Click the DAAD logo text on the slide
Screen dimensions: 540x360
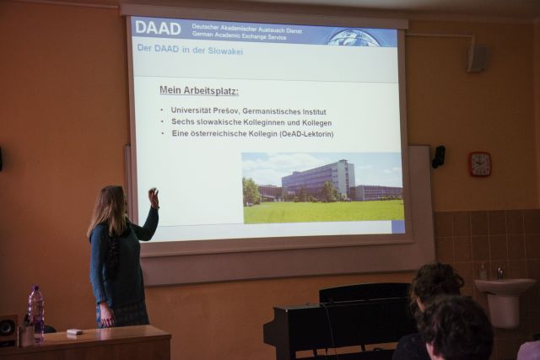point(158,28)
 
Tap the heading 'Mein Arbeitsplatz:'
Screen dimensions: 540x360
point(199,91)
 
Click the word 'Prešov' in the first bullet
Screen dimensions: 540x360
point(226,110)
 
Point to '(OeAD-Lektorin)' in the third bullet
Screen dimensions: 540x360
point(307,134)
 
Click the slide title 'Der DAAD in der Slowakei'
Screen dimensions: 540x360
point(190,50)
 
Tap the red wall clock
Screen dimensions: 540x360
point(480,164)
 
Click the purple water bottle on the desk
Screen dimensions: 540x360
point(36,313)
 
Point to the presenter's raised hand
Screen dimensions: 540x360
point(154,197)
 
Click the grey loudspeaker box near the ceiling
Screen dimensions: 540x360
point(478,59)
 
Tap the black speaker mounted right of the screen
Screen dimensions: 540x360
point(439,157)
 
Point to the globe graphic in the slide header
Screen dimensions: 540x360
point(354,37)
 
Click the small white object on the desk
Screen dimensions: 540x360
point(74,332)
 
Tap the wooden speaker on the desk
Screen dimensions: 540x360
point(8,330)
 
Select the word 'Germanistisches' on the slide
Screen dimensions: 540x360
point(272,111)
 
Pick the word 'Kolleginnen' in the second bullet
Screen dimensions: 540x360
point(264,122)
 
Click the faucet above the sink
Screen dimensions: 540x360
point(500,273)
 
